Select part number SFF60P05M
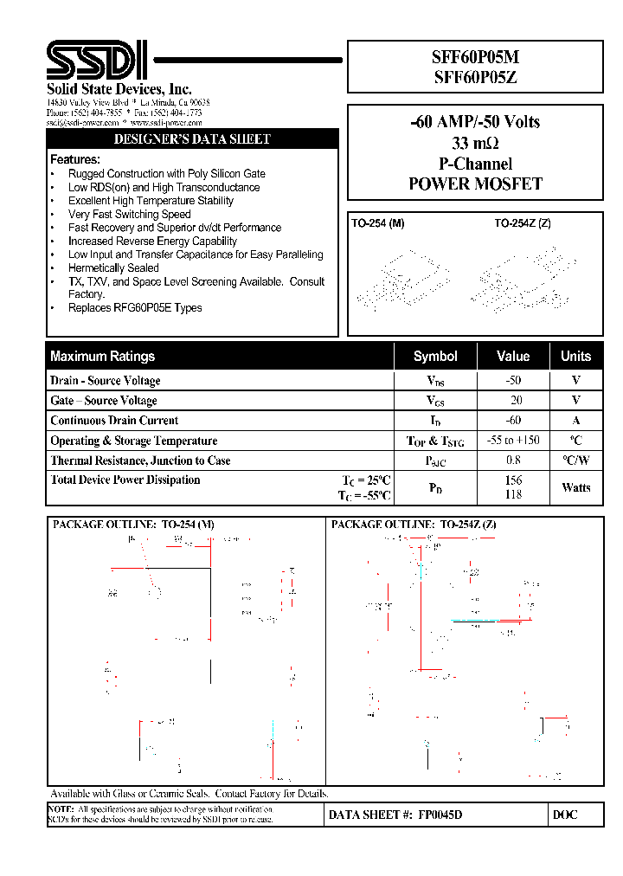pos(475,58)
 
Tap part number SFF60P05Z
pos(475,76)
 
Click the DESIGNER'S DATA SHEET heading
pos(192,139)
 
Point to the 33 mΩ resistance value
pos(475,143)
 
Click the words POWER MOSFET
pos(475,184)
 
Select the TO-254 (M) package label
pos(377,223)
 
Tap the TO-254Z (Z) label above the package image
pos(523,223)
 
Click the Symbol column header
pos(435,356)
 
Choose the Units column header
pos(575,356)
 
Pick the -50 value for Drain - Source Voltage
pos(513,380)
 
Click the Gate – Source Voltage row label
pos(104,401)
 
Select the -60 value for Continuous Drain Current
pos(513,420)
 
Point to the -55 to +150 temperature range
pos(512,440)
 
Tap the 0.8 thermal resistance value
pos(513,461)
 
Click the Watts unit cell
pos(575,487)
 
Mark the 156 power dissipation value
pos(513,480)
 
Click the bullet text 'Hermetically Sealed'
pos(113,268)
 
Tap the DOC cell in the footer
pos(564,815)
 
